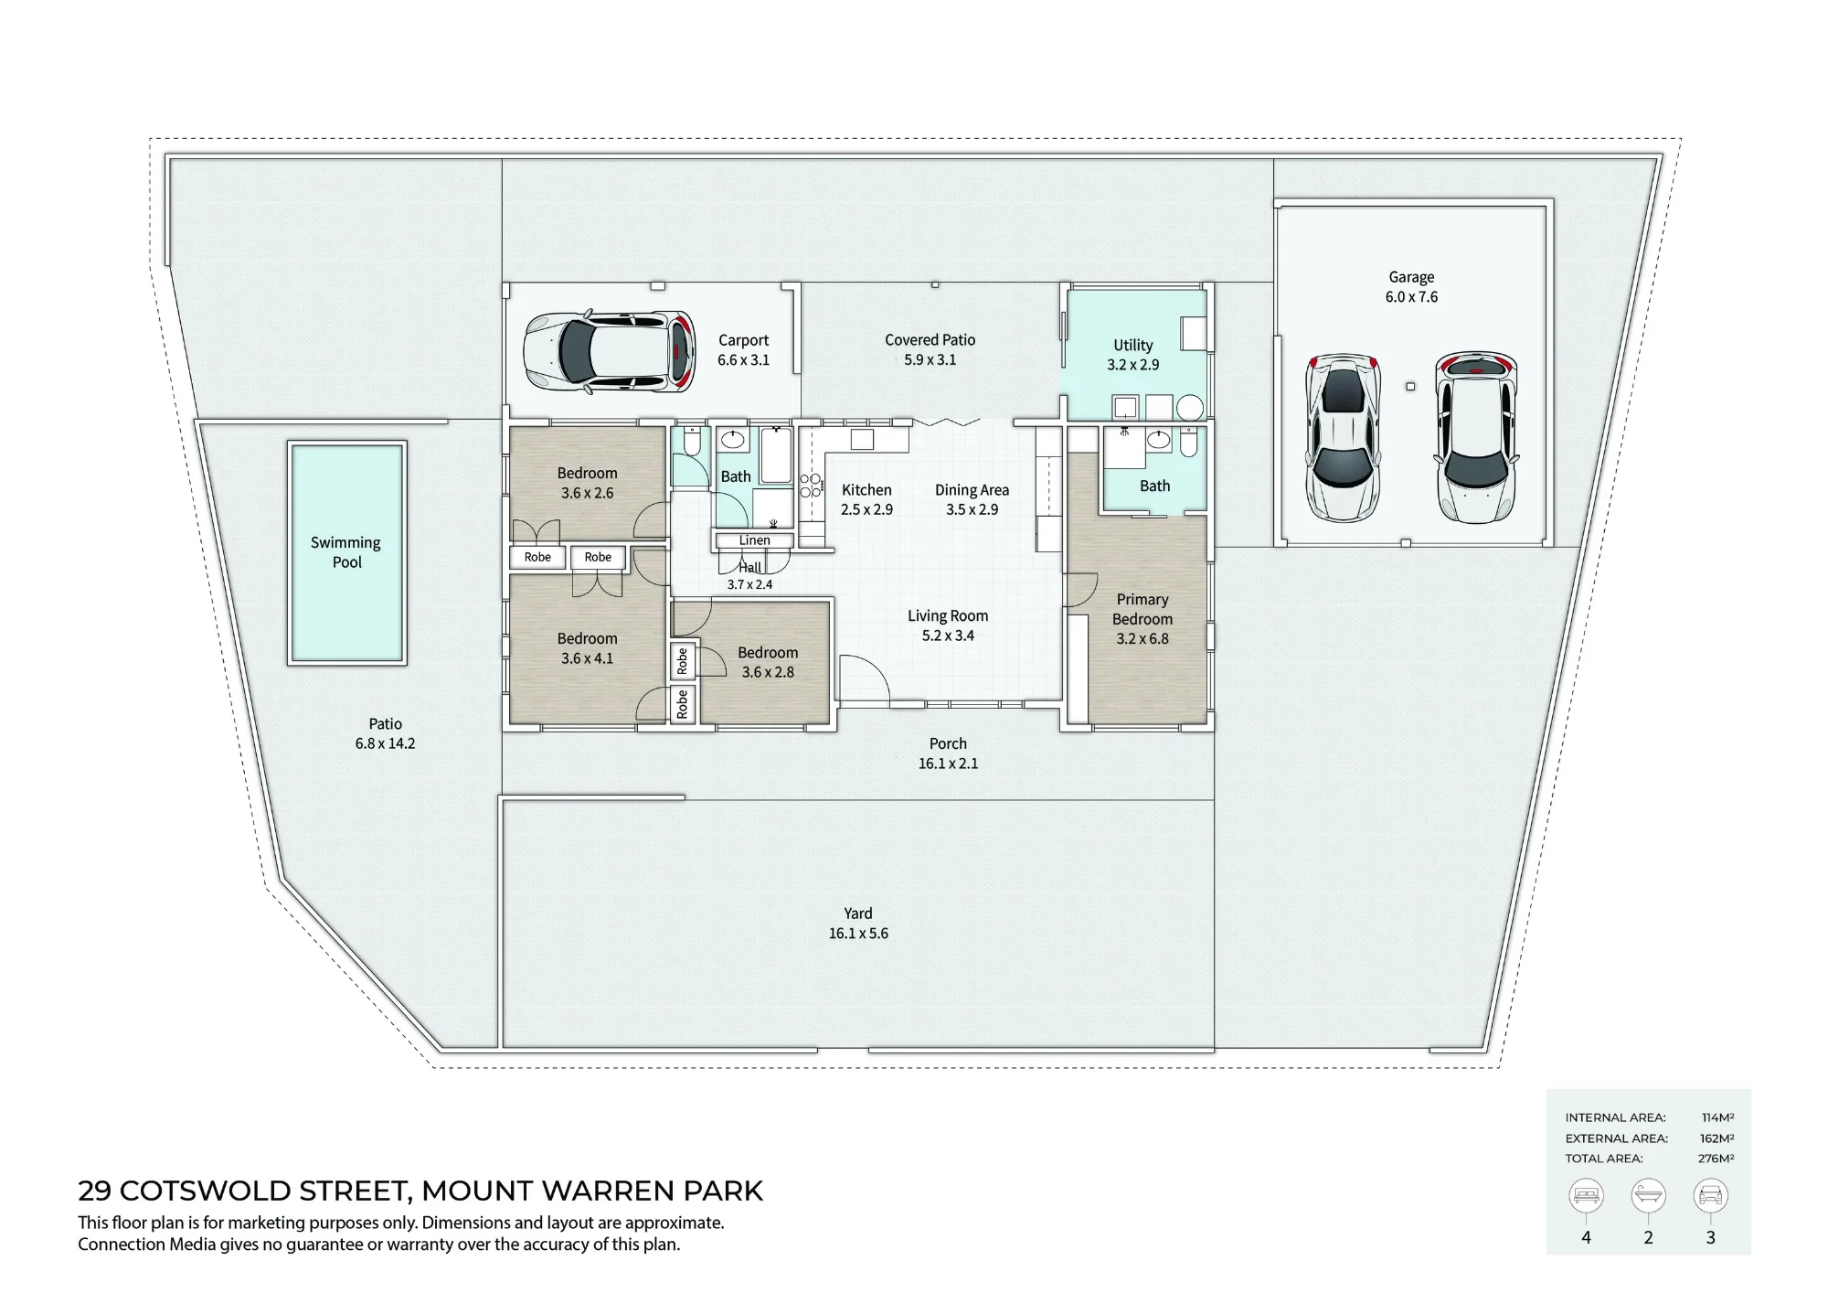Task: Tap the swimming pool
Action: [x=346, y=552]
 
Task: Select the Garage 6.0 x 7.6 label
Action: [x=1411, y=286]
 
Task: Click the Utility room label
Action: [x=1133, y=354]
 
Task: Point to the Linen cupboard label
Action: [x=754, y=540]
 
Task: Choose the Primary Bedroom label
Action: [x=1142, y=619]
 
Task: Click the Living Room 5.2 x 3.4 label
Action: [x=948, y=625]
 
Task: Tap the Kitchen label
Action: [x=866, y=499]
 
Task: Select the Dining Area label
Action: [x=972, y=499]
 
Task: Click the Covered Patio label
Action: [x=930, y=349]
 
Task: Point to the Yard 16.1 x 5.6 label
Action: [x=858, y=923]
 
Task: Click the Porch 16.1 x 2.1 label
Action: [x=948, y=753]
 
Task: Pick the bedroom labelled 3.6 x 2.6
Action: [x=587, y=483]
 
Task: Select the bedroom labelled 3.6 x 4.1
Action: [x=587, y=648]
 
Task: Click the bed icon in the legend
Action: [x=1586, y=1195]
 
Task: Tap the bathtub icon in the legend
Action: [x=1648, y=1195]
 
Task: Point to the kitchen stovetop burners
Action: [x=810, y=486]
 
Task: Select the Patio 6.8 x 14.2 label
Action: [x=385, y=733]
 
